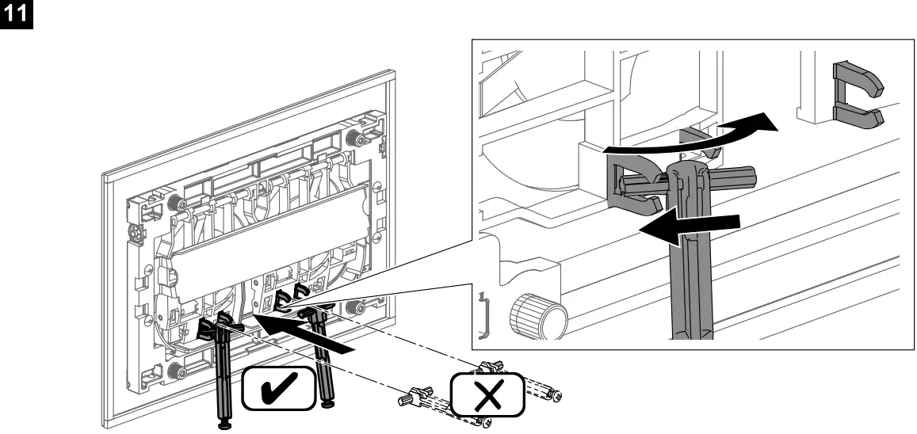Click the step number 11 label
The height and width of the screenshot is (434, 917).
pos(15,13)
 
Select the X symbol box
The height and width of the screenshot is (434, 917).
pos(487,393)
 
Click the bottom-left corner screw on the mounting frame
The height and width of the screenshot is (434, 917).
pos(181,370)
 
